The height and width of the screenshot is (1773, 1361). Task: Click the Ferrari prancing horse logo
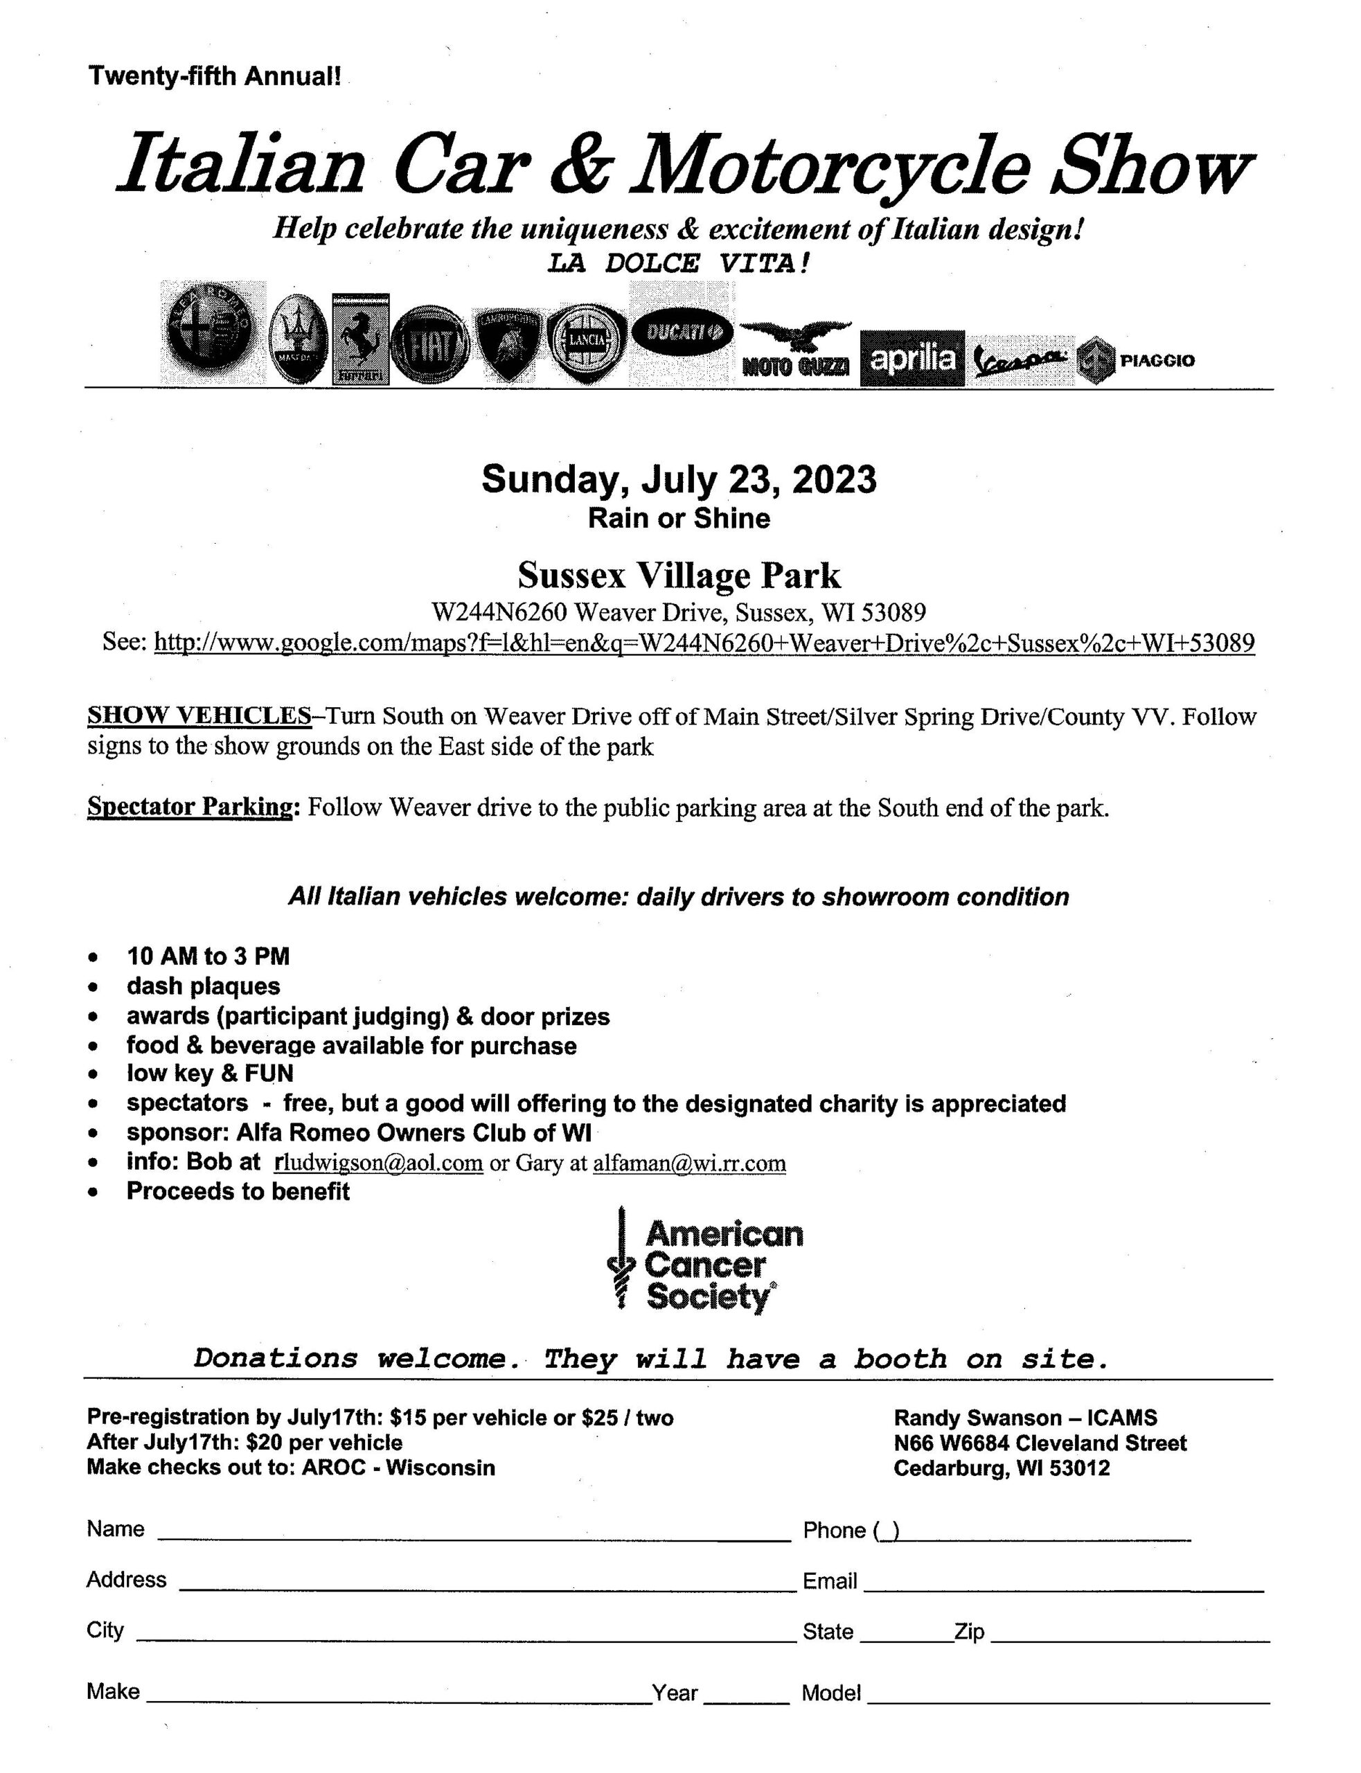[x=360, y=338]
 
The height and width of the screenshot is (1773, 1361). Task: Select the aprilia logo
[x=912, y=358]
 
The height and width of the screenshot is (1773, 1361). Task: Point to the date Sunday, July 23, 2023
[x=679, y=479]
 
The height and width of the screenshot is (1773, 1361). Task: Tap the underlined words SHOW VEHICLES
[x=199, y=716]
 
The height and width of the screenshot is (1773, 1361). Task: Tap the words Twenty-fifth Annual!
[x=215, y=76]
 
